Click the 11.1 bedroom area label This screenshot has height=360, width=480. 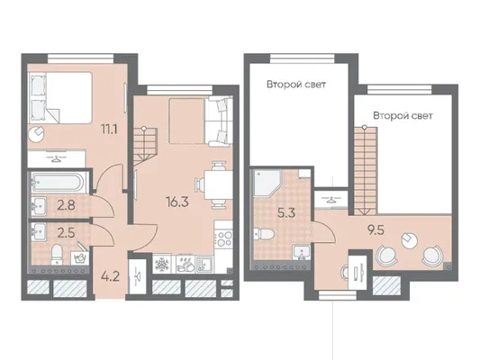(109, 130)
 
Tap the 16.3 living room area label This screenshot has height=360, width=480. (177, 202)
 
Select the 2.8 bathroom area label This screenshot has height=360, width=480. (67, 205)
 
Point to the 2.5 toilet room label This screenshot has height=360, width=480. (66, 233)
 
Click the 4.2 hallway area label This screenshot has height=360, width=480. (110, 277)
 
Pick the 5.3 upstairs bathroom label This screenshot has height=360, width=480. (286, 213)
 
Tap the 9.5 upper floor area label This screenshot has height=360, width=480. (376, 230)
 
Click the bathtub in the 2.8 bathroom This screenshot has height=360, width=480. (57, 183)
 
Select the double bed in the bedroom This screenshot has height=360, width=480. (60, 98)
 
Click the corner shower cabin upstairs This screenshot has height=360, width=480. (267, 184)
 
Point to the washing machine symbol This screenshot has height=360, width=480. (79, 258)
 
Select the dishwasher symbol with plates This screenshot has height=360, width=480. (186, 265)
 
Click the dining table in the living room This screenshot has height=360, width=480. (215, 185)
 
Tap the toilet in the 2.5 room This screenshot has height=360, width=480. (57, 255)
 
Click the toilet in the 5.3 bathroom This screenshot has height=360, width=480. (264, 234)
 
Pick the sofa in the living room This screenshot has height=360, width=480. (218, 121)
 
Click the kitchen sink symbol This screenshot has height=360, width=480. (204, 265)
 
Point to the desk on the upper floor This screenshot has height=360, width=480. (357, 271)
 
